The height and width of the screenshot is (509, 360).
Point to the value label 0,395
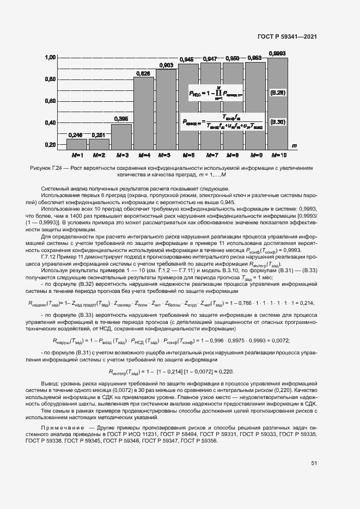tap(121, 118)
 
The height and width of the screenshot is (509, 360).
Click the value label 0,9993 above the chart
tap(278, 53)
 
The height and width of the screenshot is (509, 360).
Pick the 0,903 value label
tap(166, 65)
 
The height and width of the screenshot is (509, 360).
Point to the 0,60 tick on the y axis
tap(50, 101)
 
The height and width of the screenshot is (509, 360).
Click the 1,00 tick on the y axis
tap(50, 57)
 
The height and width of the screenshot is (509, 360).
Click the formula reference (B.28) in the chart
tap(278, 93)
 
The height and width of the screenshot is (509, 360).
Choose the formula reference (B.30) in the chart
tap(278, 122)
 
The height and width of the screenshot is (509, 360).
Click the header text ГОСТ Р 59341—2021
tap(286, 36)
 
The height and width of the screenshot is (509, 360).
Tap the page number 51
tap(314, 463)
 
